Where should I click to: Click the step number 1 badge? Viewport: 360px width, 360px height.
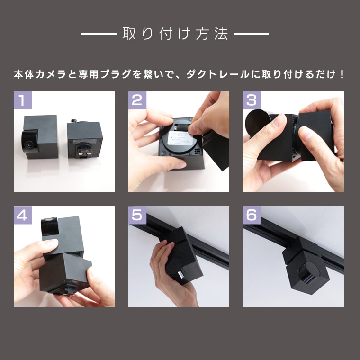click(23, 100)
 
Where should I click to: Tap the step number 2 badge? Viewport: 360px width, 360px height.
click(137, 100)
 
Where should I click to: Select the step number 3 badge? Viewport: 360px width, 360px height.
click(252, 100)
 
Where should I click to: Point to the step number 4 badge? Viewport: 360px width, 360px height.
click(23, 215)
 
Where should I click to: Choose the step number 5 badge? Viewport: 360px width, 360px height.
click(137, 215)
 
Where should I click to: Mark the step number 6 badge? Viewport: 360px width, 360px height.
click(252, 215)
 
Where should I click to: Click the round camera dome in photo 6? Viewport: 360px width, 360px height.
click(307, 271)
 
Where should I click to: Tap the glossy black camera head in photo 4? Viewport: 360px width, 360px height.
click(50, 225)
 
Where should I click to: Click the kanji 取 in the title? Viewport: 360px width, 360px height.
click(129, 34)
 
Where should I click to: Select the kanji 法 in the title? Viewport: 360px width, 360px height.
click(221, 34)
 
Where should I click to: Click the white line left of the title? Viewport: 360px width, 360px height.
click(99, 34)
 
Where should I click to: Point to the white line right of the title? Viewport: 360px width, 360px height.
click(251, 34)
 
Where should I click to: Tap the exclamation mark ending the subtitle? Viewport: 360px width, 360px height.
click(342, 74)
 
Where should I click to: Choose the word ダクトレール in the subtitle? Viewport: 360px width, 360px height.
click(217, 74)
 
